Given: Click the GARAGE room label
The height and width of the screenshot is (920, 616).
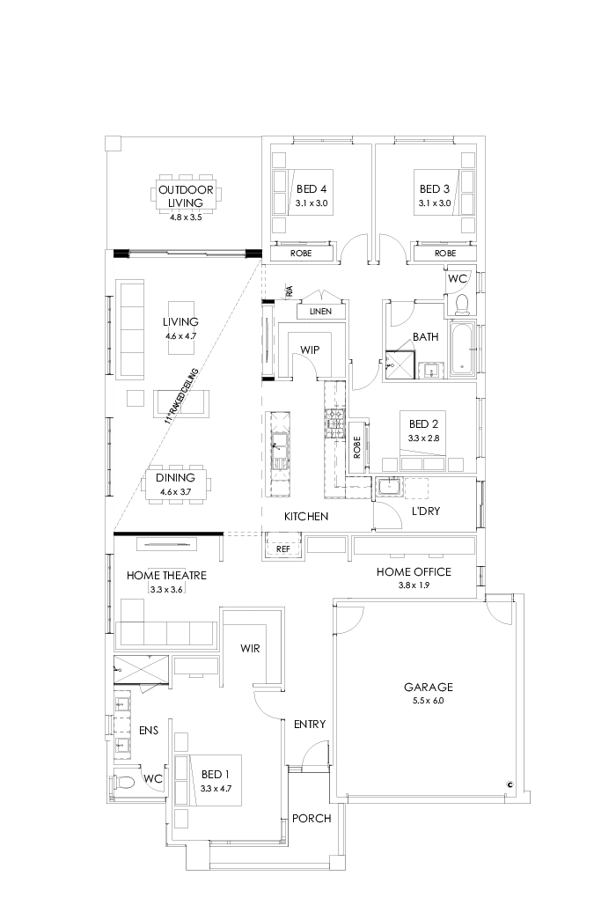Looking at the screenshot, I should coord(428,688).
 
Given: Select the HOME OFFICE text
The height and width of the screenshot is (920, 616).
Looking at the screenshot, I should coord(414,572).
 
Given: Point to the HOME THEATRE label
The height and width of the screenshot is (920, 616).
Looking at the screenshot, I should coord(166,576).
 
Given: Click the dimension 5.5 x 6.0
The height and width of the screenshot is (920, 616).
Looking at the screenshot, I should coord(428,702).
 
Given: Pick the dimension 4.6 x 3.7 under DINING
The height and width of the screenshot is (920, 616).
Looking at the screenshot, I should coord(175,492).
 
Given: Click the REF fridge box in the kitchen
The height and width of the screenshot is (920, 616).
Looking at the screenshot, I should coord(283,548).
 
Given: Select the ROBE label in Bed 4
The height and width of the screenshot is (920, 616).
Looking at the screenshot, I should coord(299,253).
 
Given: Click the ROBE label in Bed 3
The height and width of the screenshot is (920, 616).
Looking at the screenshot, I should coord(445,253).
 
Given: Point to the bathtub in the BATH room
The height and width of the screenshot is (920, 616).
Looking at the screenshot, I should coord(461,350).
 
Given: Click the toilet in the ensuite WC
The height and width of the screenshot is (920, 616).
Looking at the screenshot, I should coord(124,782).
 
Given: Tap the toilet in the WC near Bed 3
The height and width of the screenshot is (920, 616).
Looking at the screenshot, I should coord(460,304).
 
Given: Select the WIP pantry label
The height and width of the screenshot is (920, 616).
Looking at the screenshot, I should coord(310,350).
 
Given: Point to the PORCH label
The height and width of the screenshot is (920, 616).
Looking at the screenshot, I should coord(312,818).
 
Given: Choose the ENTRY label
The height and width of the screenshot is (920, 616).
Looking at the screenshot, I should coord(310,725).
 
